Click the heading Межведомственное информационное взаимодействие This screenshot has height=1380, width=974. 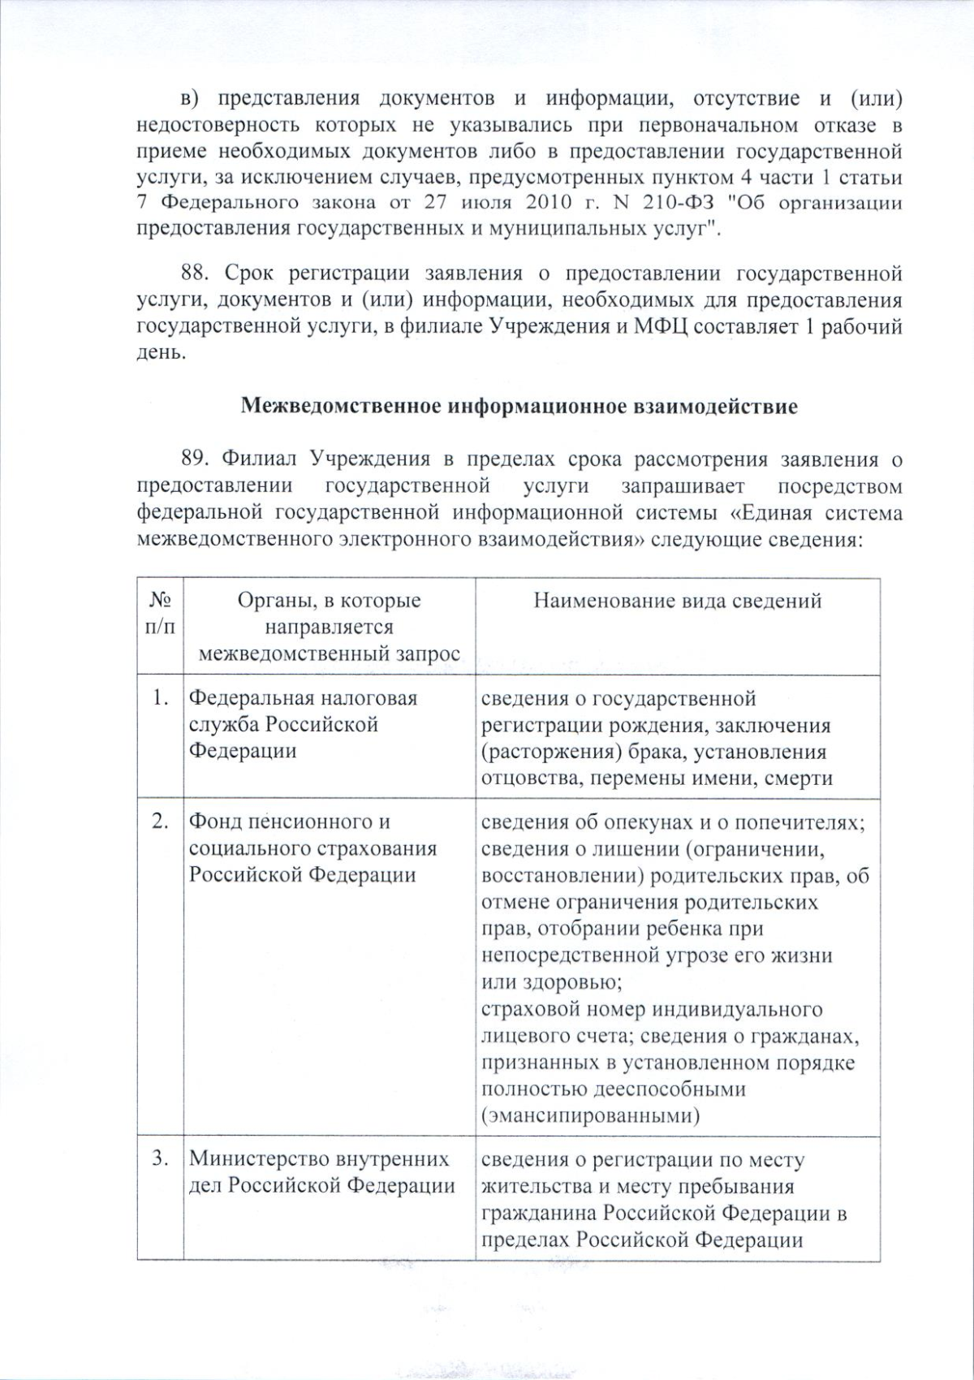point(519,406)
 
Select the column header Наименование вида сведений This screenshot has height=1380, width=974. point(678,601)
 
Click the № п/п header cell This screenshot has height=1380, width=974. point(160,614)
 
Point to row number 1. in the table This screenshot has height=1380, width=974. point(161,698)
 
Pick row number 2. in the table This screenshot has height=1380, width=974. point(161,822)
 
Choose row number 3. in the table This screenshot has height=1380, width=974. point(161,1160)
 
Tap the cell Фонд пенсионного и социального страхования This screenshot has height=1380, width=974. point(312,848)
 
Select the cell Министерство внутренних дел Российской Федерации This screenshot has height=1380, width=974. point(321,1172)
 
